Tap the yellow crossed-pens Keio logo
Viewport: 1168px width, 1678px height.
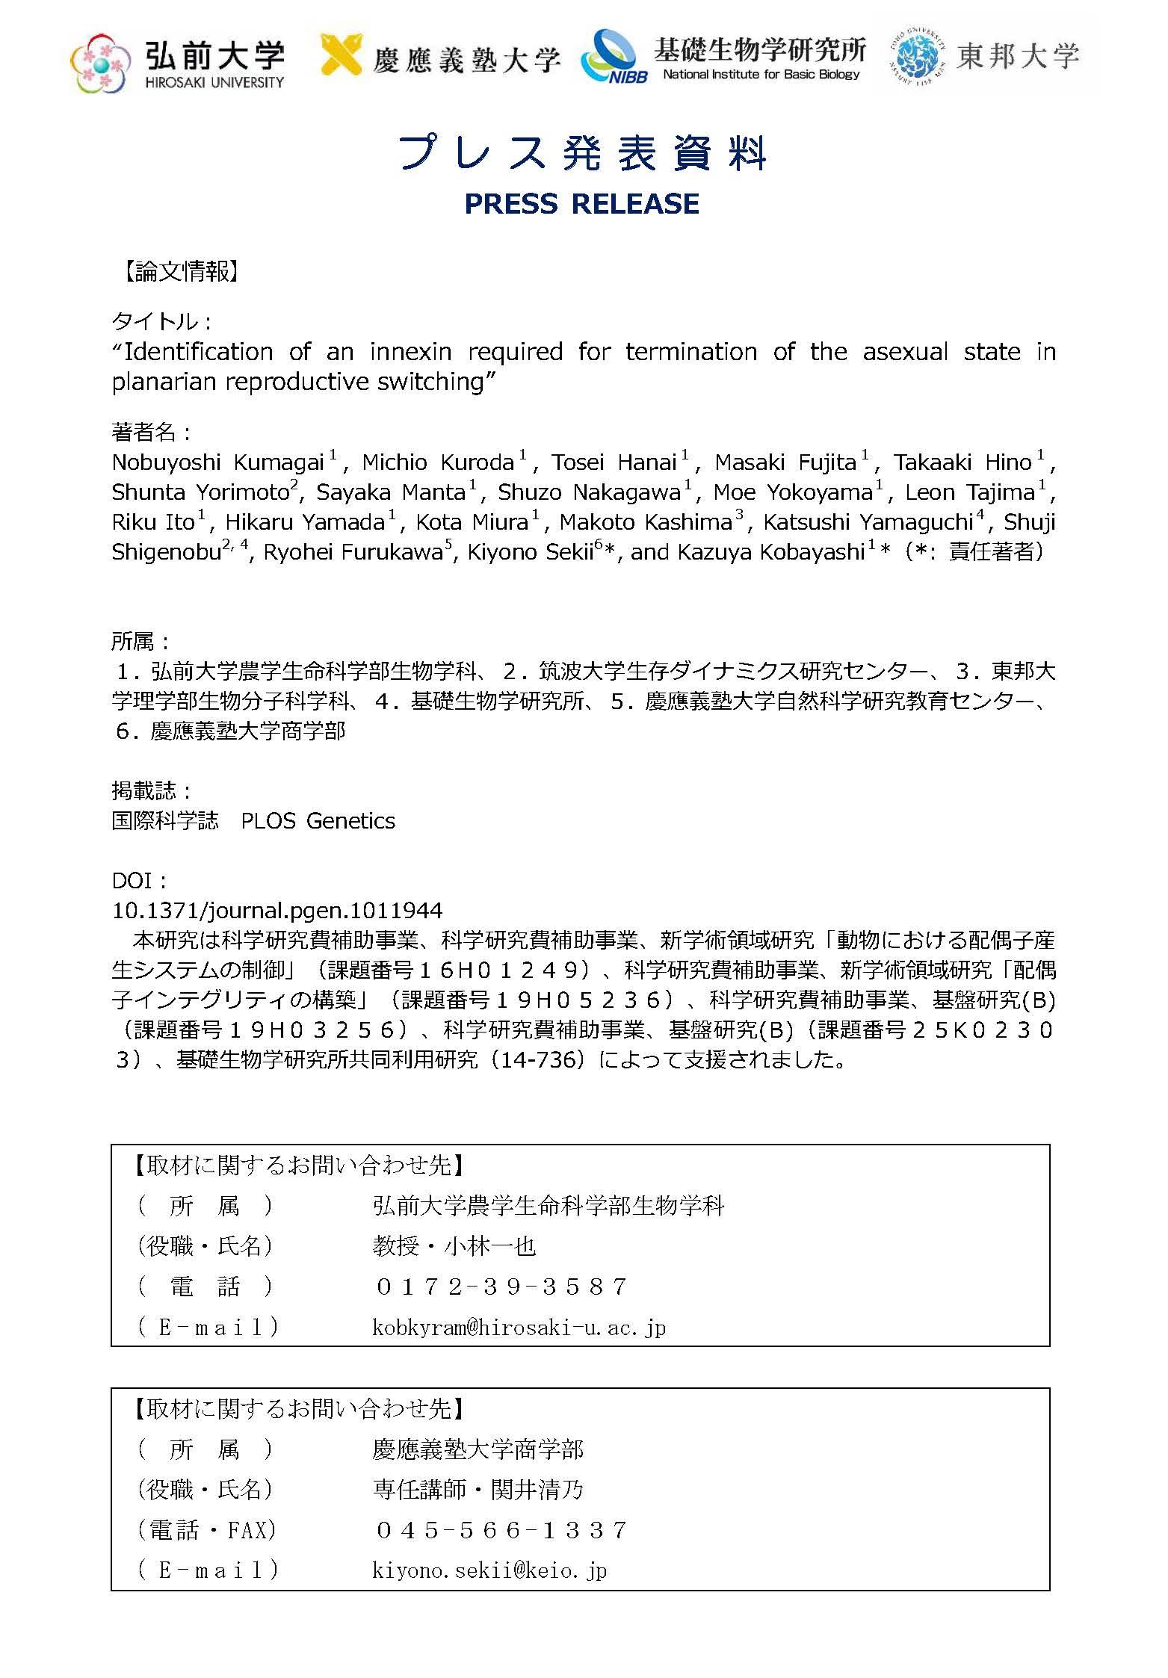pyautogui.click(x=342, y=53)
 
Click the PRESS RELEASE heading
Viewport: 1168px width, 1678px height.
pyautogui.click(x=581, y=203)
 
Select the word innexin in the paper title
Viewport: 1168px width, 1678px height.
pyautogui.click(x=410, y=351)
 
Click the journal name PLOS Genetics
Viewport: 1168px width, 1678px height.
pyautogui.click(x=318, y=821)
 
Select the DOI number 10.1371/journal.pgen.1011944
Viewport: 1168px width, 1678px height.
pyautogui.click(x=277, y=910)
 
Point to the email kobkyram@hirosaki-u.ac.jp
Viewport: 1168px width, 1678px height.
pyautogui.click(x=519, y=1327)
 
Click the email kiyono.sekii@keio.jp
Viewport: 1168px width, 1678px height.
pyautogui.click(x=489, y=1570)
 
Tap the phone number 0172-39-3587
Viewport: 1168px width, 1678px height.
pyautogui.click(x=501, y=1287)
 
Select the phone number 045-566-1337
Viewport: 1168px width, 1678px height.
pyautogui.click(x=501, y=1530)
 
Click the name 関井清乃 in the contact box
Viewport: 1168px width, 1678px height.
pyautogui.click(x=537, y=1490)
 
